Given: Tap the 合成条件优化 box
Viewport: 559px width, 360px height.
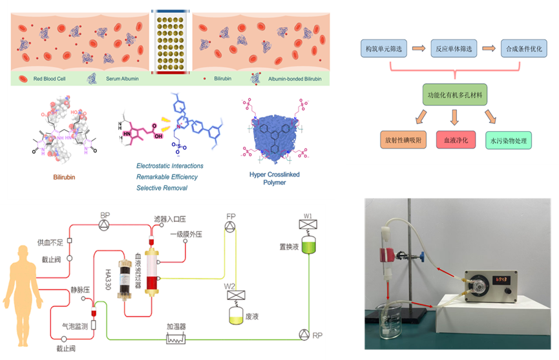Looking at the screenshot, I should (524, 48).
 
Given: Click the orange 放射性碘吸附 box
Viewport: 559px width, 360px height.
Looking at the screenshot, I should (403, 140).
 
